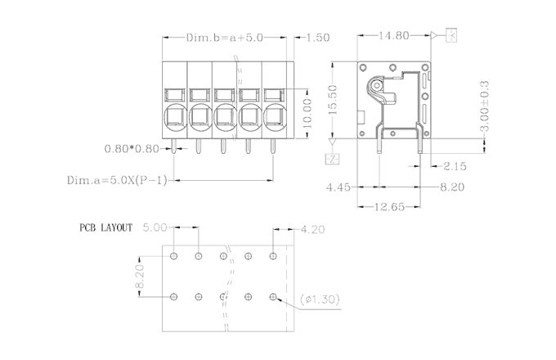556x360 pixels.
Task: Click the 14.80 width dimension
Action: tap(394, 36)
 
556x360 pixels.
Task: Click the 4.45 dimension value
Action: tap(339, 187)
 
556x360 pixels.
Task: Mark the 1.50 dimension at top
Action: tap(316, 38)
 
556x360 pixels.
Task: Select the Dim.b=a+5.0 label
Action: tap(224, 38)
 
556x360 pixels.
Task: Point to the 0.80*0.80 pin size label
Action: tap(132, 150)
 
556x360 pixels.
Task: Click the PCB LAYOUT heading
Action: tap(105, 227)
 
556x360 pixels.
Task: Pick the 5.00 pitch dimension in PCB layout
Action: tap(155, 227)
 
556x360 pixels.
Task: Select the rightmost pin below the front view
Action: tap(273, 147)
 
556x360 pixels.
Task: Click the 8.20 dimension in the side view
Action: tap(452, 187)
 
